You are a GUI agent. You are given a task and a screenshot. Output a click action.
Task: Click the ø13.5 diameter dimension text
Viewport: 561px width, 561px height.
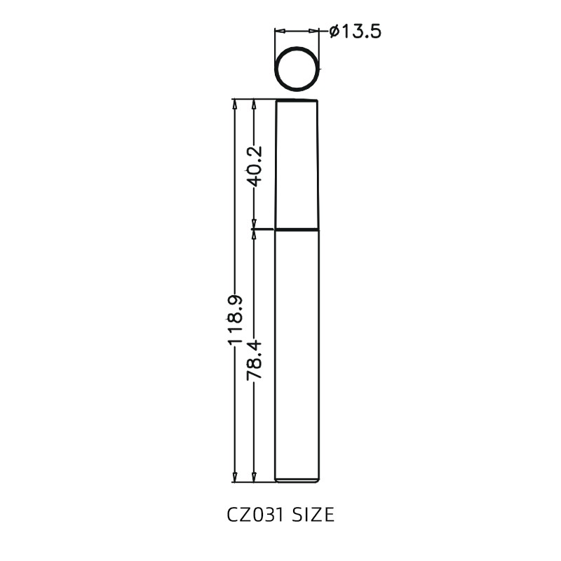pyautogui.click(x=355, y=32)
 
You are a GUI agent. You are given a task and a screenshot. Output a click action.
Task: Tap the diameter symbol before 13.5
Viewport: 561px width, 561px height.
pyautogui.click(x=334, y=32)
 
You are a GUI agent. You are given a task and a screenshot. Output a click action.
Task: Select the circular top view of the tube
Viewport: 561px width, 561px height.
pyautogui.click(x=297, y=69)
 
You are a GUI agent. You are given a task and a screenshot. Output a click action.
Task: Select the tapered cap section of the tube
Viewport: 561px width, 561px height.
pyautogui.click(x=297, y=165)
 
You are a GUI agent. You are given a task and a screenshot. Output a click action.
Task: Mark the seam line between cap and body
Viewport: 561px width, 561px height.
pyautogui.click(x=297, y=229)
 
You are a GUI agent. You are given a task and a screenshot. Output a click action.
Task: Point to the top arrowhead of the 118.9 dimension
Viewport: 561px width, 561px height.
pyautogui.click(x=234, y=104)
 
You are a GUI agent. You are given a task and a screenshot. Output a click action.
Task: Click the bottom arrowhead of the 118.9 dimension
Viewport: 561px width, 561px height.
pyautogui.click(x=234, y=478)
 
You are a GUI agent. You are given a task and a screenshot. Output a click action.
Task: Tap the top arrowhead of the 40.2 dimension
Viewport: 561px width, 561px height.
pyautogui.click(x=254, y=104)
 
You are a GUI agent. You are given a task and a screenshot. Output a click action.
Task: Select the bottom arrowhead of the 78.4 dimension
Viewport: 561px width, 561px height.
pyautogui.click(x=254, y=478)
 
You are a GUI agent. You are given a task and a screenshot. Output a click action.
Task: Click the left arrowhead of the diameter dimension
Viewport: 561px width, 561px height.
pyautogui.click(x=278, y=32)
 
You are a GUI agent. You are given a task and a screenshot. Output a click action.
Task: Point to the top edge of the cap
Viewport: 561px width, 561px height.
pyautogui.click(x=297, y=100)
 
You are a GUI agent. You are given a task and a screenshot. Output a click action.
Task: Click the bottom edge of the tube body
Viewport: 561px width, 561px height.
pyautogui.click(x=297, y=482)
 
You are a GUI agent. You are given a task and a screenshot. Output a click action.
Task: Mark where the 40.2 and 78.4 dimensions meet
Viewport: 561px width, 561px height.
pyautogui.click(x=254, y=229)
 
